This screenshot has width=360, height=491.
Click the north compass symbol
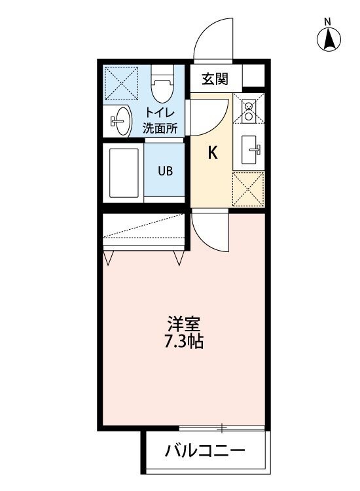click(x=330, y=39)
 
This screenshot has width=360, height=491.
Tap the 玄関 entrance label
click(x=215, y=80)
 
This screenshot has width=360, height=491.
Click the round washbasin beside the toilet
click(x=120, y=122)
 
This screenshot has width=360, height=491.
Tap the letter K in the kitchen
click(x=212, y=153)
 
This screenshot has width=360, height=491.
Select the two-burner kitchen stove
click(x=249, y=112)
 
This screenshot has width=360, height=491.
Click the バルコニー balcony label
click(x=205, y=451)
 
